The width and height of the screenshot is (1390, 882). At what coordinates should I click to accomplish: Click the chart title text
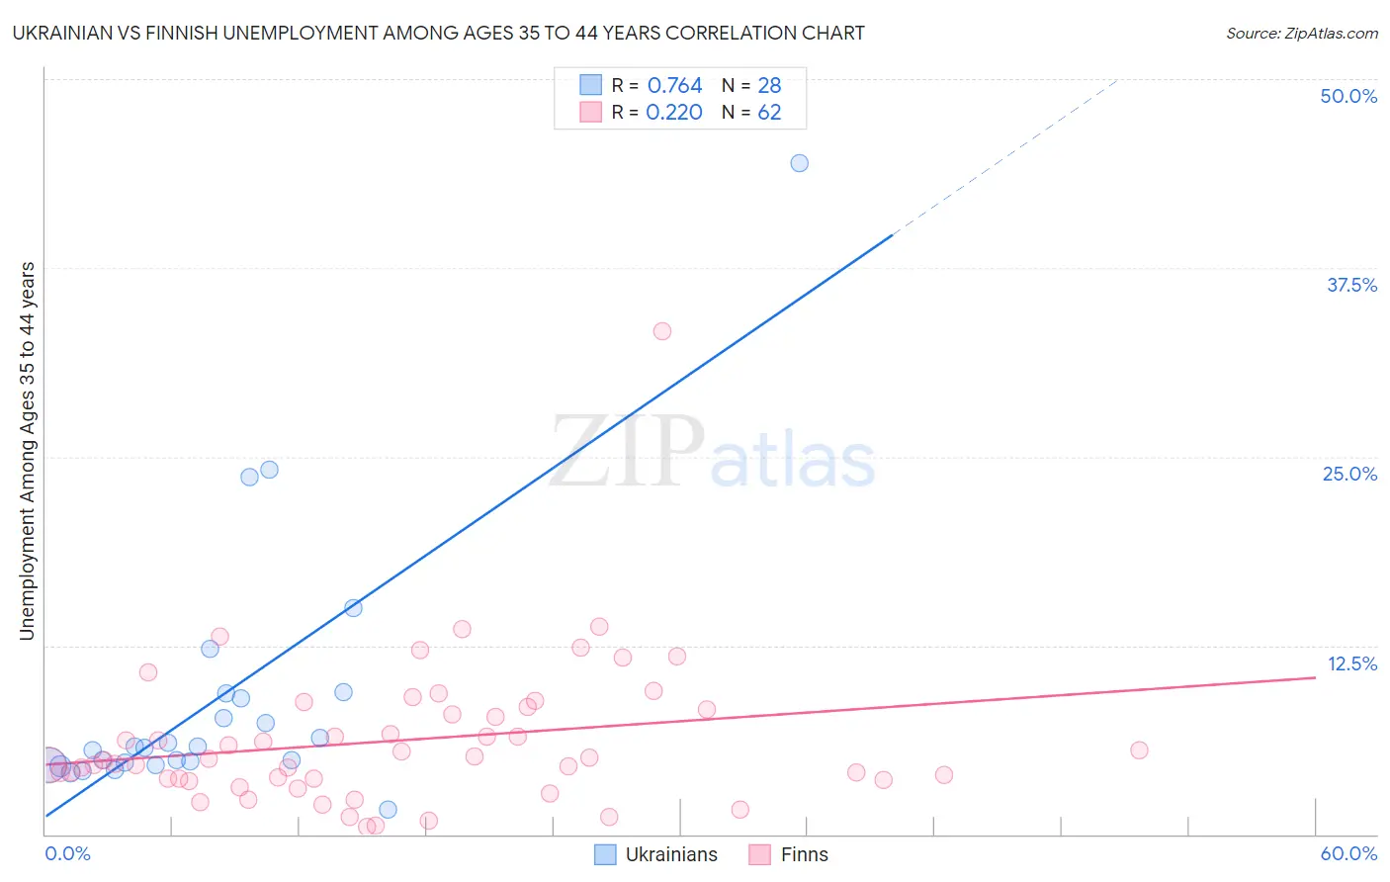[x=438, y=34]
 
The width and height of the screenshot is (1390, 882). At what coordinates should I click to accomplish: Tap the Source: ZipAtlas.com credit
[x=1301, y=34]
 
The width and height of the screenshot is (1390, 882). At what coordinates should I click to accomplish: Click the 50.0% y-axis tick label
[x=1348, y=96]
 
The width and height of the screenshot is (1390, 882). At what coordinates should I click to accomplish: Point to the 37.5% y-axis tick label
[x=1351, y=285]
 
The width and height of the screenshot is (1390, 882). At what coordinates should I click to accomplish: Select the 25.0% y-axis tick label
[x=1349, y=474]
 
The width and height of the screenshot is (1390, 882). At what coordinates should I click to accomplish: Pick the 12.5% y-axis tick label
[x=1351, y=663]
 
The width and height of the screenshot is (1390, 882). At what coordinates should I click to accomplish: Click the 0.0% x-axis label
[x=67, y=853]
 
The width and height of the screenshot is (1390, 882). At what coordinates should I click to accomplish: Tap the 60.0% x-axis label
[x=1348, y=853]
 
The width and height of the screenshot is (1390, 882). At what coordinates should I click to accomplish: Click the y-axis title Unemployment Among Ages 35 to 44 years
[x=28, y=451]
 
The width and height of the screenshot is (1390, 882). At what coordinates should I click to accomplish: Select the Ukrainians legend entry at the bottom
[x=656, y=854]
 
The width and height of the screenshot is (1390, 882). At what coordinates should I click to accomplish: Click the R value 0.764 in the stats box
[x=674, y=86]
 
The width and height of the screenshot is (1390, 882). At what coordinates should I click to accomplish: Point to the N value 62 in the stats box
[x=769, y=113]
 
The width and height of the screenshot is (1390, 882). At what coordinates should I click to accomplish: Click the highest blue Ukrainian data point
[x=799, y=163]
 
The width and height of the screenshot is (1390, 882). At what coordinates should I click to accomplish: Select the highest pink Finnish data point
[x=662, y=331]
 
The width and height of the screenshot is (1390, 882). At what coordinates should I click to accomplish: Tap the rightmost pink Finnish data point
[x=1139, y=750]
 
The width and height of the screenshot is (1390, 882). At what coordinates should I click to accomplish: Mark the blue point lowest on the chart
[x=389, y=810]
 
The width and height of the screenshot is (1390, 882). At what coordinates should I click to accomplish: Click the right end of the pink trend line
[x=1314, y=677]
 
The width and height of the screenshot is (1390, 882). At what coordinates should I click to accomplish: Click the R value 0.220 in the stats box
[x=674, y=113]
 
